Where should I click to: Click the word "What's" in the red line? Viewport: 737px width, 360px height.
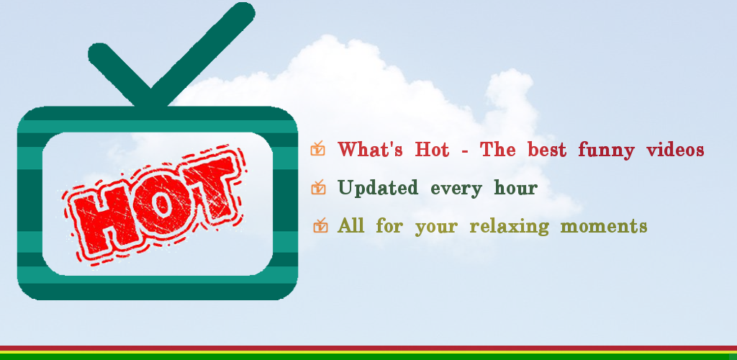coord(370,150)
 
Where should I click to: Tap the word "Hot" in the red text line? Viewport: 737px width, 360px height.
coord(432,150)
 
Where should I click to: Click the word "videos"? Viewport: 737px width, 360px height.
coord(675,150)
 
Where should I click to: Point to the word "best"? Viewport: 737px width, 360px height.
coord(547,150)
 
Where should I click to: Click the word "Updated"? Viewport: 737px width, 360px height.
coord(377,189)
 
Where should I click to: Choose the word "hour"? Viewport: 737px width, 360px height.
coord(515,188)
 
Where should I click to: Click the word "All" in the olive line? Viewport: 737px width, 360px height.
coord(351,225)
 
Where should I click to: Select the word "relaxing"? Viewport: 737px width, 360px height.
coord(509,227)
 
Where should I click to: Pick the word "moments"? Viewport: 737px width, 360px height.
coord(604,227)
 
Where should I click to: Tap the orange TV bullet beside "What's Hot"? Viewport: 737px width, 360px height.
coord(317,148)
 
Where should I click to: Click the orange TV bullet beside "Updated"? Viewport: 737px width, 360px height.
coord(318,187)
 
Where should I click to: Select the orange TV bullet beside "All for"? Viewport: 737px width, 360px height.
coord(320,225)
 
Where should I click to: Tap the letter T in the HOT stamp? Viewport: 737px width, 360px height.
coord(207,186)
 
